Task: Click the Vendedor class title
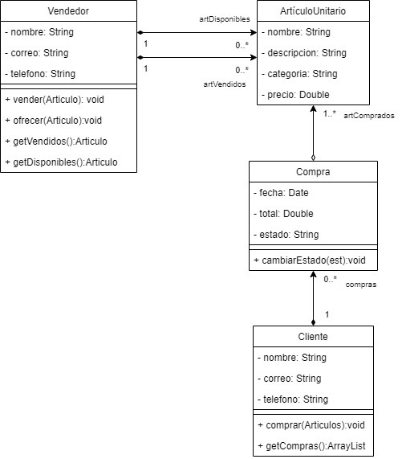point(68,11)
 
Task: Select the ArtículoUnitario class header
point(313,11)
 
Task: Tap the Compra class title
point(313,172)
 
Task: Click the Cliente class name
point(313,337)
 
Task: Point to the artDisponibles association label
point(225,19)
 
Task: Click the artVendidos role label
point(225,84)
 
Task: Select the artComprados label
point(369,116)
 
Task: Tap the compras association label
point(361,285)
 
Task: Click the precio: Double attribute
point(295,95)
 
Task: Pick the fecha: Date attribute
point(281,193)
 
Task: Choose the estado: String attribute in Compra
point(286,235)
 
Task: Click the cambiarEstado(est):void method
point(310,260)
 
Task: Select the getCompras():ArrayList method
point(311,446)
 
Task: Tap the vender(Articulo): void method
point(55,100)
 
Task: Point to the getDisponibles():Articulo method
point(61,162)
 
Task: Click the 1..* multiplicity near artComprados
point(330,113)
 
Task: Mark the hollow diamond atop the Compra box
point(313,158)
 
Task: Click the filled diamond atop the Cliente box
point(313,322)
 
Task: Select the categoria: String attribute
point(299,74)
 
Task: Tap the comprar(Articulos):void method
point(311,425)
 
